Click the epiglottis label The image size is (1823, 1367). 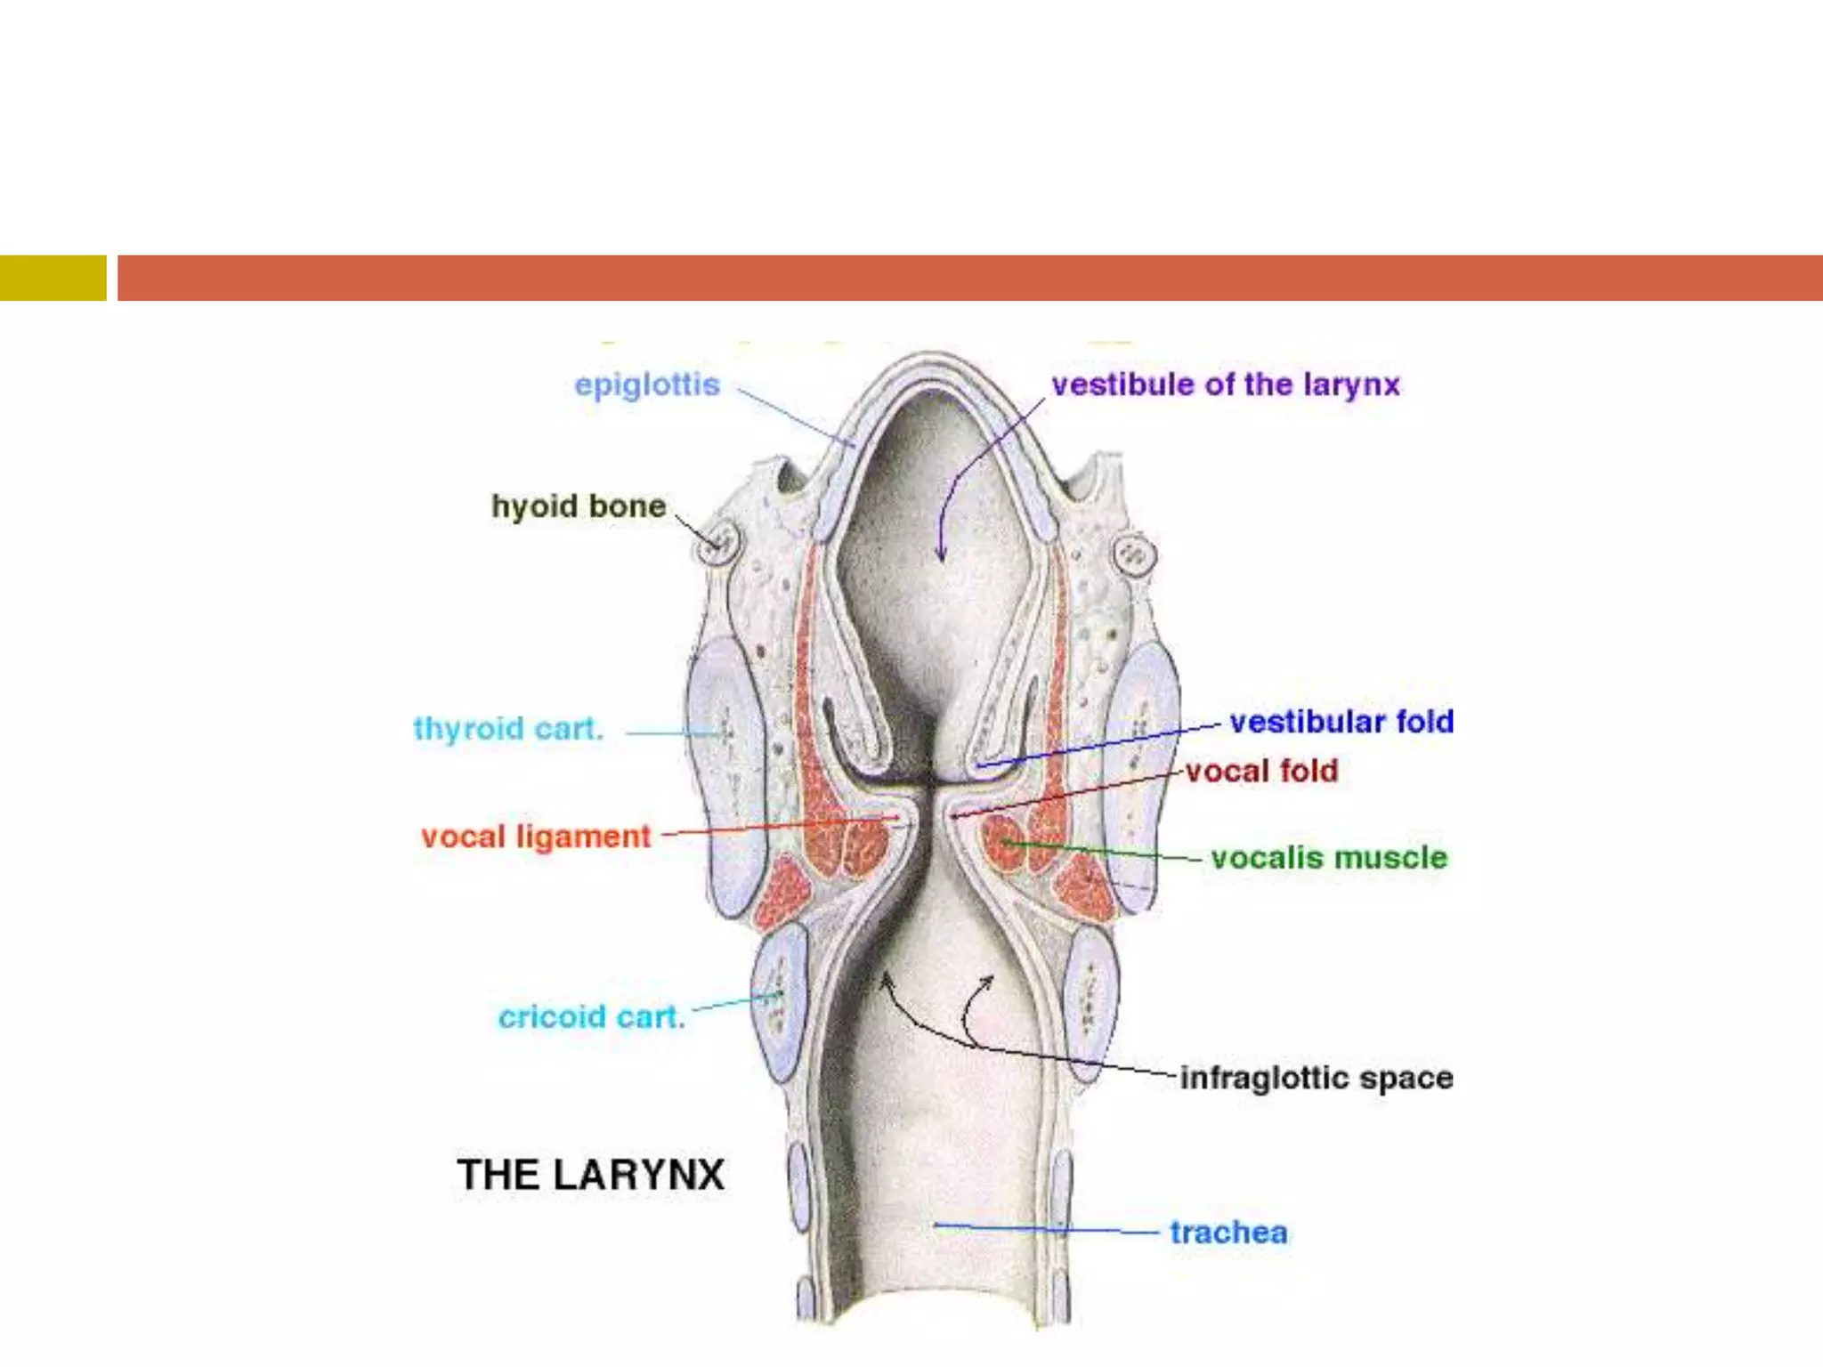pos(647,385)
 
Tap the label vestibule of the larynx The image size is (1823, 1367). pos(1225,384)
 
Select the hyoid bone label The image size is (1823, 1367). pos(579,506)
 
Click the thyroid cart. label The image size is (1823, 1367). pos(508,729)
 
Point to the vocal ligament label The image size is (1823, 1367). pos(536,837)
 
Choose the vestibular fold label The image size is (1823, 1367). pos(1341,722)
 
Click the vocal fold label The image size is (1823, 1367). pos(1261,771)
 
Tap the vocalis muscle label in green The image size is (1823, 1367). pos(1329,858)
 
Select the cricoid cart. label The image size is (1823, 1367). pos(592,1016)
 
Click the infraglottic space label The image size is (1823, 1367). pos(1316,1078)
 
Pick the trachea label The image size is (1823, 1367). pos(1228,1233)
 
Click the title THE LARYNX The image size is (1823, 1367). pos(591,1175)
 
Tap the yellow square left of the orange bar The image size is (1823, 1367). pos(53,278)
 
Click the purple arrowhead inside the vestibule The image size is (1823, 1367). pos(941,554)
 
